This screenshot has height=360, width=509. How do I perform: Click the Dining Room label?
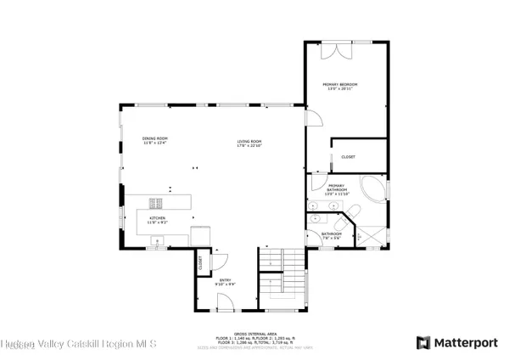(x=155, y=140)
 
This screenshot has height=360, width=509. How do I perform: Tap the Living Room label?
(x=249, y=143)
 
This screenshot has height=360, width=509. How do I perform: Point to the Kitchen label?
(x=159, y=219)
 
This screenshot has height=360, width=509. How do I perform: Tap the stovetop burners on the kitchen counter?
(x=157, y=202)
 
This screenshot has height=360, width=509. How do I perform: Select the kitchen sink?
(x=156, y=241)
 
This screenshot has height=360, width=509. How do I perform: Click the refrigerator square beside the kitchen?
(x=201, y=236)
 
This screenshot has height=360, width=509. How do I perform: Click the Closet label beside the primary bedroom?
(x=349, y=157)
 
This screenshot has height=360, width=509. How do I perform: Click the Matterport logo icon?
(x=423, y=343)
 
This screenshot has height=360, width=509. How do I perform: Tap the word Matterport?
(x=467, y=343)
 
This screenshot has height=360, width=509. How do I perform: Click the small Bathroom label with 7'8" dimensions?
(x=332, y=235)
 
